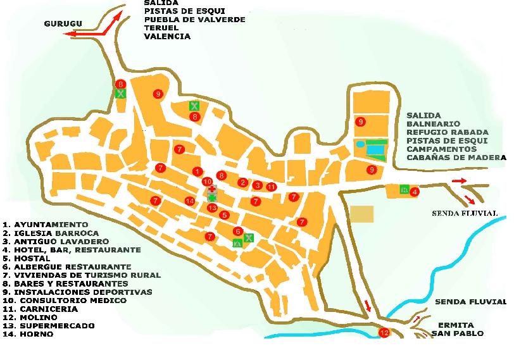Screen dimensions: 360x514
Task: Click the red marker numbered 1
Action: coord(197,171)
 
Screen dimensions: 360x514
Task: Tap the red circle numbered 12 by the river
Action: coord(384,332)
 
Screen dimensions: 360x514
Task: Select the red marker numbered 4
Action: coord(415,192)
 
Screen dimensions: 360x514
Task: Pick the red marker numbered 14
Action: coord(189,201)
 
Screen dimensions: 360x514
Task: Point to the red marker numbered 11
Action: coord(271,187)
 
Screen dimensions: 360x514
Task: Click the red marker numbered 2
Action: coord(242,182)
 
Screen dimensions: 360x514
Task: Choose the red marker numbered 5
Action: coord(224,215)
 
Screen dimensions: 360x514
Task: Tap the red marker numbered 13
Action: coord(213,208)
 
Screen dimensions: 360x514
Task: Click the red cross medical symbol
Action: coord(211,189)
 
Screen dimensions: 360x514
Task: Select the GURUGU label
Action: coord(63,24)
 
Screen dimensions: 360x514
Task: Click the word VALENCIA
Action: coord(167,37)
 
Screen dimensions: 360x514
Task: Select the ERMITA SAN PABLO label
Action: coord(457,328)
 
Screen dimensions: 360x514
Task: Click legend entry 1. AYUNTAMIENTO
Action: coord(45,225)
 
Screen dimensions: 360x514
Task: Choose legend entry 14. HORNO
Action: coord(29,334)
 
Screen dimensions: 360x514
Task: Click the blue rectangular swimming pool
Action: coord(376,151)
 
